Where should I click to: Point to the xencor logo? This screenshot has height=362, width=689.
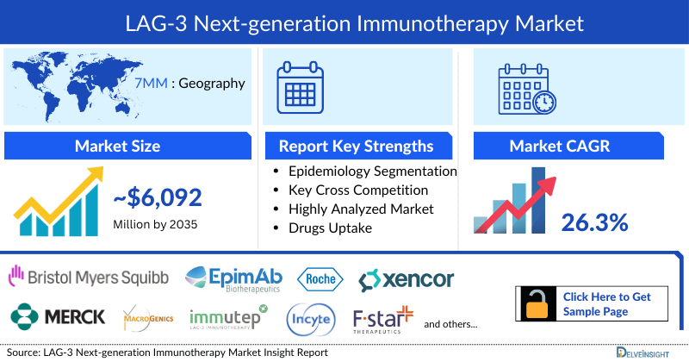coord(407,279)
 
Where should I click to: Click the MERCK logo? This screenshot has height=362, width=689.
coord(58,316)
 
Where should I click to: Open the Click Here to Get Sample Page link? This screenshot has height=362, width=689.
coord(607,304)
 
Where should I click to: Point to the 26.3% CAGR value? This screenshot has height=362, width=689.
coord(594,223)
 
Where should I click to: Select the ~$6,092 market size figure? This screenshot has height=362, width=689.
coord(158,198)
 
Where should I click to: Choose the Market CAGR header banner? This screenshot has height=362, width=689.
coord(572,146)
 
